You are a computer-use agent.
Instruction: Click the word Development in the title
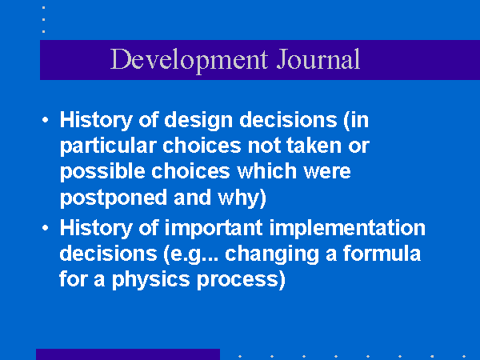[189, 60]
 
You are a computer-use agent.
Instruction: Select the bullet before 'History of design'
[46, 120]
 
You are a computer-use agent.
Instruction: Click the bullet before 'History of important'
[46, 228]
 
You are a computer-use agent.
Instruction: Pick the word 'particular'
[108, 146]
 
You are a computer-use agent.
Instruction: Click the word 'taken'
[314, 146]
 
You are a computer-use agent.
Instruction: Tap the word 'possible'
[102, 172]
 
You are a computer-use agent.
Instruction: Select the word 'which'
[267, 171]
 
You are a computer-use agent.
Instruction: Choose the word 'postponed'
[114, 198]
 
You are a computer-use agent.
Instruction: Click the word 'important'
[214, 228]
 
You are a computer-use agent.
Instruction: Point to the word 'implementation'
[347, 228]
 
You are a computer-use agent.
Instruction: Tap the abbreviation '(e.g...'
[191, 254]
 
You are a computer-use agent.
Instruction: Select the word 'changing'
[272, 254]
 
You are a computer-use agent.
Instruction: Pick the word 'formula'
[382, 254]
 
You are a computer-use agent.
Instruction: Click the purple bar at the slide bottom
[128, 354]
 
